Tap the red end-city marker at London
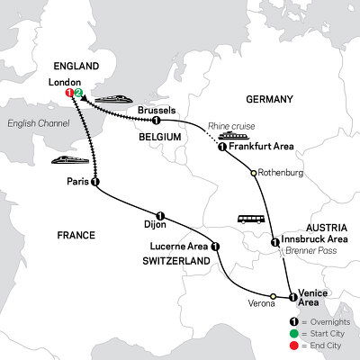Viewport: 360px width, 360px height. [70, 92]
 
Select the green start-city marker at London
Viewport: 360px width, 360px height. [79, 92]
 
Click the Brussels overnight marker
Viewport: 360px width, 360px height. [157, 121]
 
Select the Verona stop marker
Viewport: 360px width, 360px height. [273, 296]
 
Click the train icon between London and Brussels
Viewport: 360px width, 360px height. [111, 96]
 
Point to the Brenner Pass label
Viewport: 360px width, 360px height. [310, 255]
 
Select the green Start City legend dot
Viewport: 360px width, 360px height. [292, 335]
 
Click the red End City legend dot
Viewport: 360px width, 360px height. [292, 347]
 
